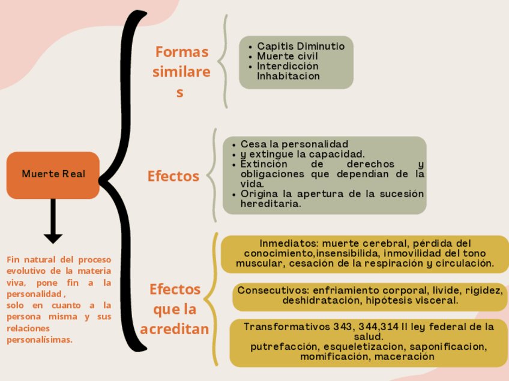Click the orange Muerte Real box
53,174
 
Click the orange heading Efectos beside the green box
173,176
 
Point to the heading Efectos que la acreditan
175,309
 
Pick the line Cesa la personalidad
294,144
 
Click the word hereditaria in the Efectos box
271,204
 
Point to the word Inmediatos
288,243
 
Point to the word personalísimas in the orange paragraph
40,340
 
